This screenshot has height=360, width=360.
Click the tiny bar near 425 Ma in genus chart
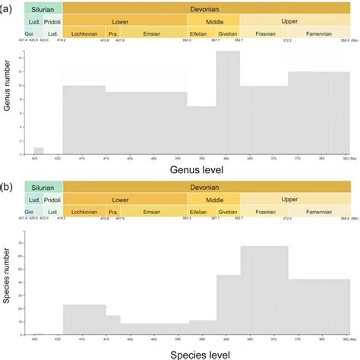[39, 150]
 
